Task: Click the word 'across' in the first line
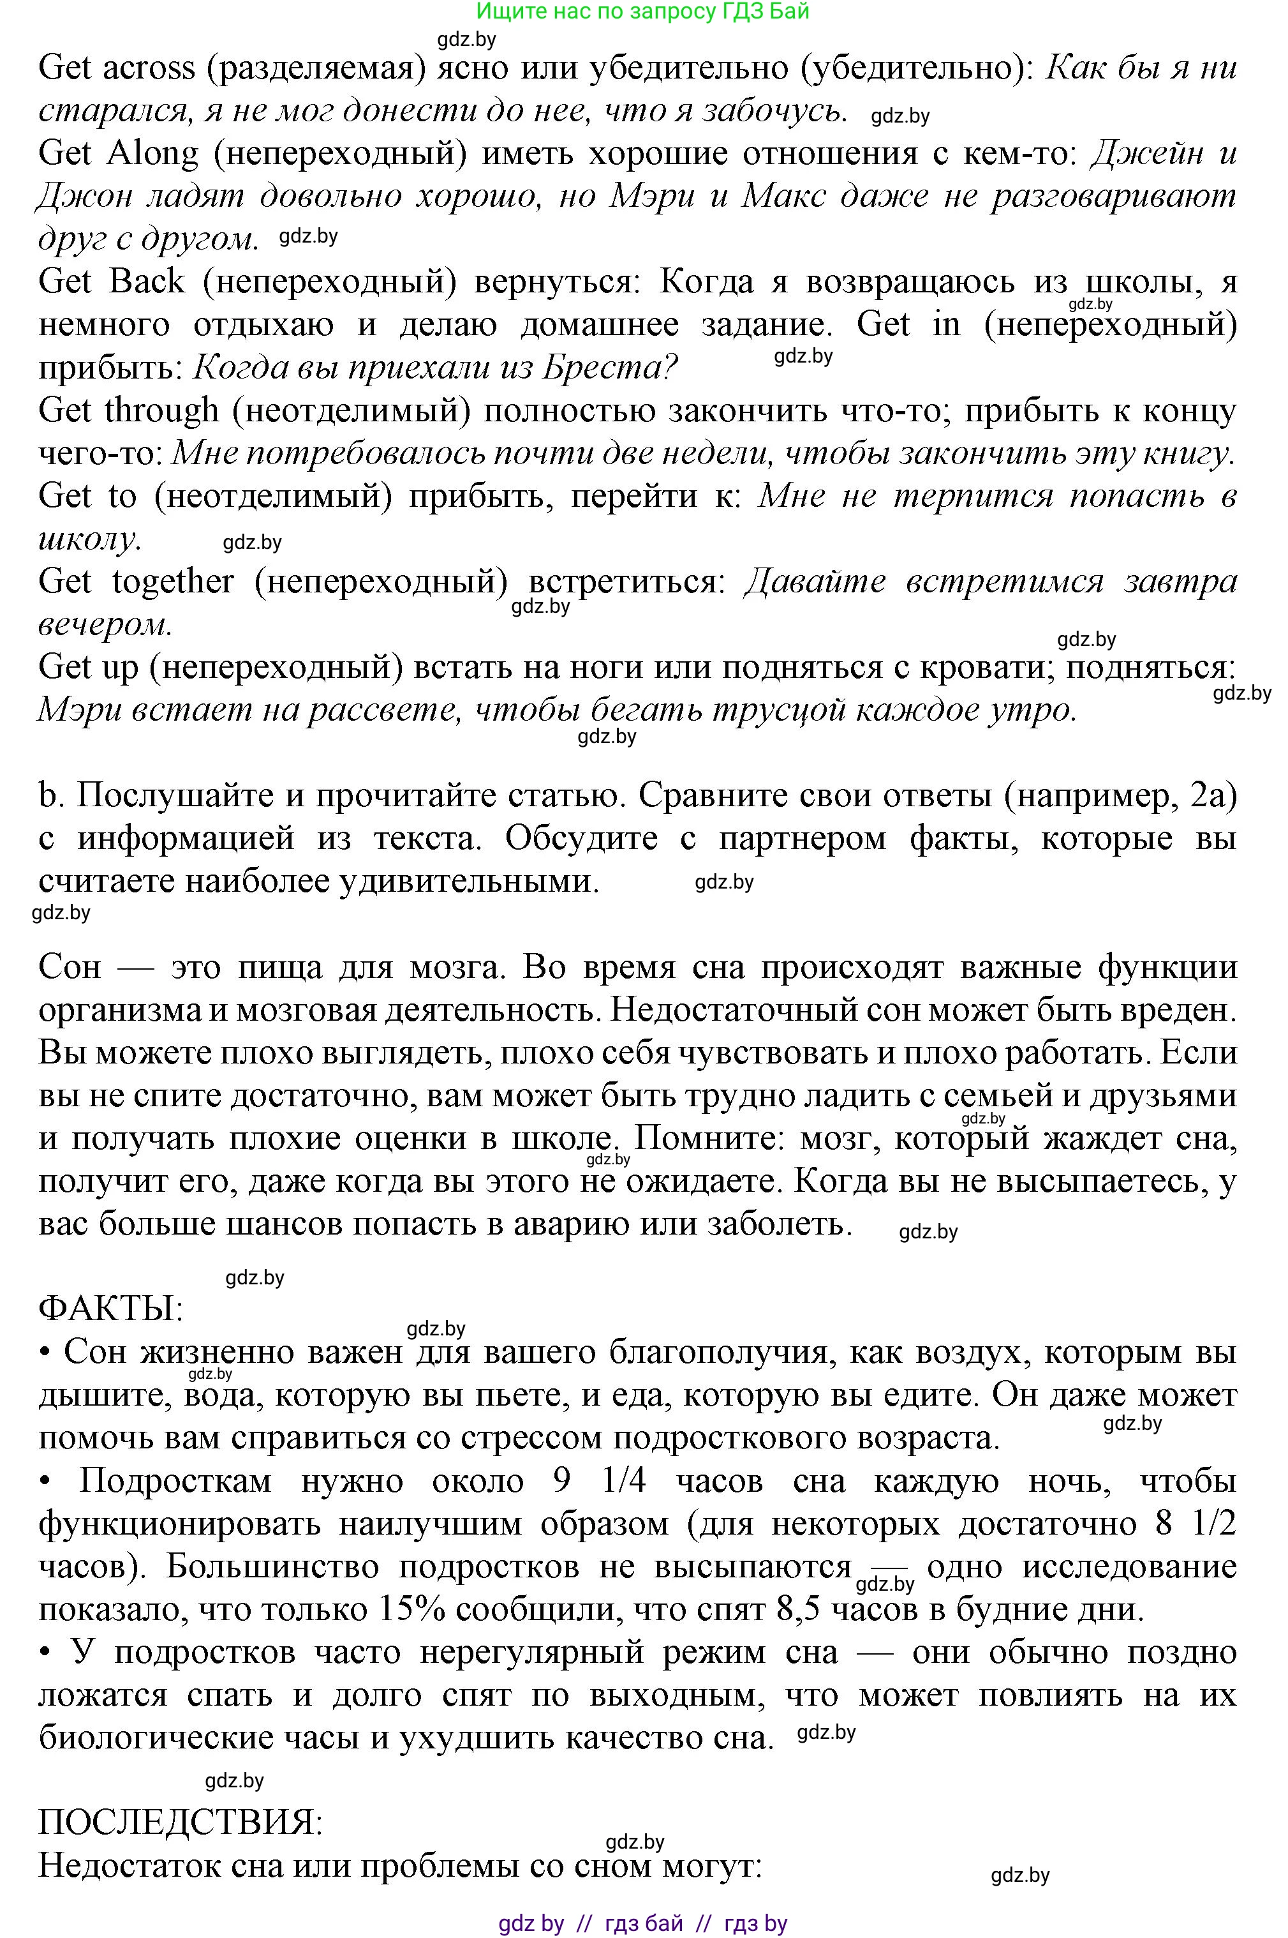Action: [149, 68]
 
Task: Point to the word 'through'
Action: [162, 410]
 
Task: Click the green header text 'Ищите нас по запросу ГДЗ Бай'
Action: [643, 11]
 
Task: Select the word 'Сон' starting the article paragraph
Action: [70, 967]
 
